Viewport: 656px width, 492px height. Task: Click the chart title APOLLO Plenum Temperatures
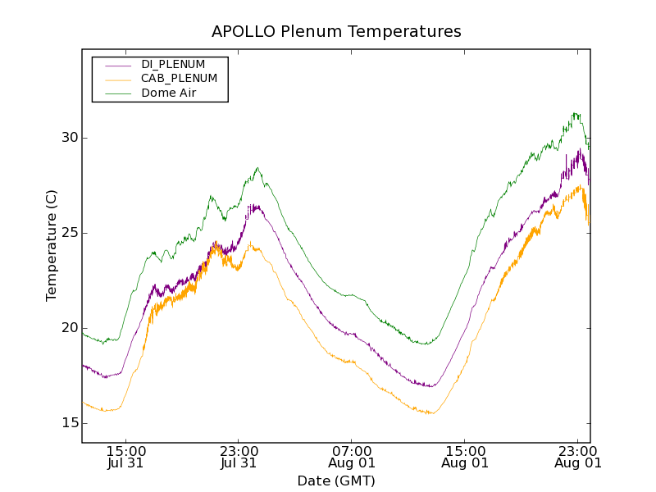coord(336,32)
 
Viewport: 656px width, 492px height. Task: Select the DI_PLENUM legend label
coord(173,64)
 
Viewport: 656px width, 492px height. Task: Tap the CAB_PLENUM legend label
coord(179,79)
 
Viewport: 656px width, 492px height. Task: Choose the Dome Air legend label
coord(169,93)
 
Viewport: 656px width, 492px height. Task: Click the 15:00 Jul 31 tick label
coord(126,457)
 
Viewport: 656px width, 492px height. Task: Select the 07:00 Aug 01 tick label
coord(352,457)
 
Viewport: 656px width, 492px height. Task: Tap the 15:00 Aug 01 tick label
coord(465,457)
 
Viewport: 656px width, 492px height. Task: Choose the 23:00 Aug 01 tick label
coord(578,457)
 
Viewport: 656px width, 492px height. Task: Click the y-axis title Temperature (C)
coord(52,245)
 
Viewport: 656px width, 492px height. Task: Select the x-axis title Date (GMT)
coord(336,481)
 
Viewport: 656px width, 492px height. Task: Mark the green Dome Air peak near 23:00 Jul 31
coord(257,168)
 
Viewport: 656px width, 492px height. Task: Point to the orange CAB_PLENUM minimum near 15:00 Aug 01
coord(429,413)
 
